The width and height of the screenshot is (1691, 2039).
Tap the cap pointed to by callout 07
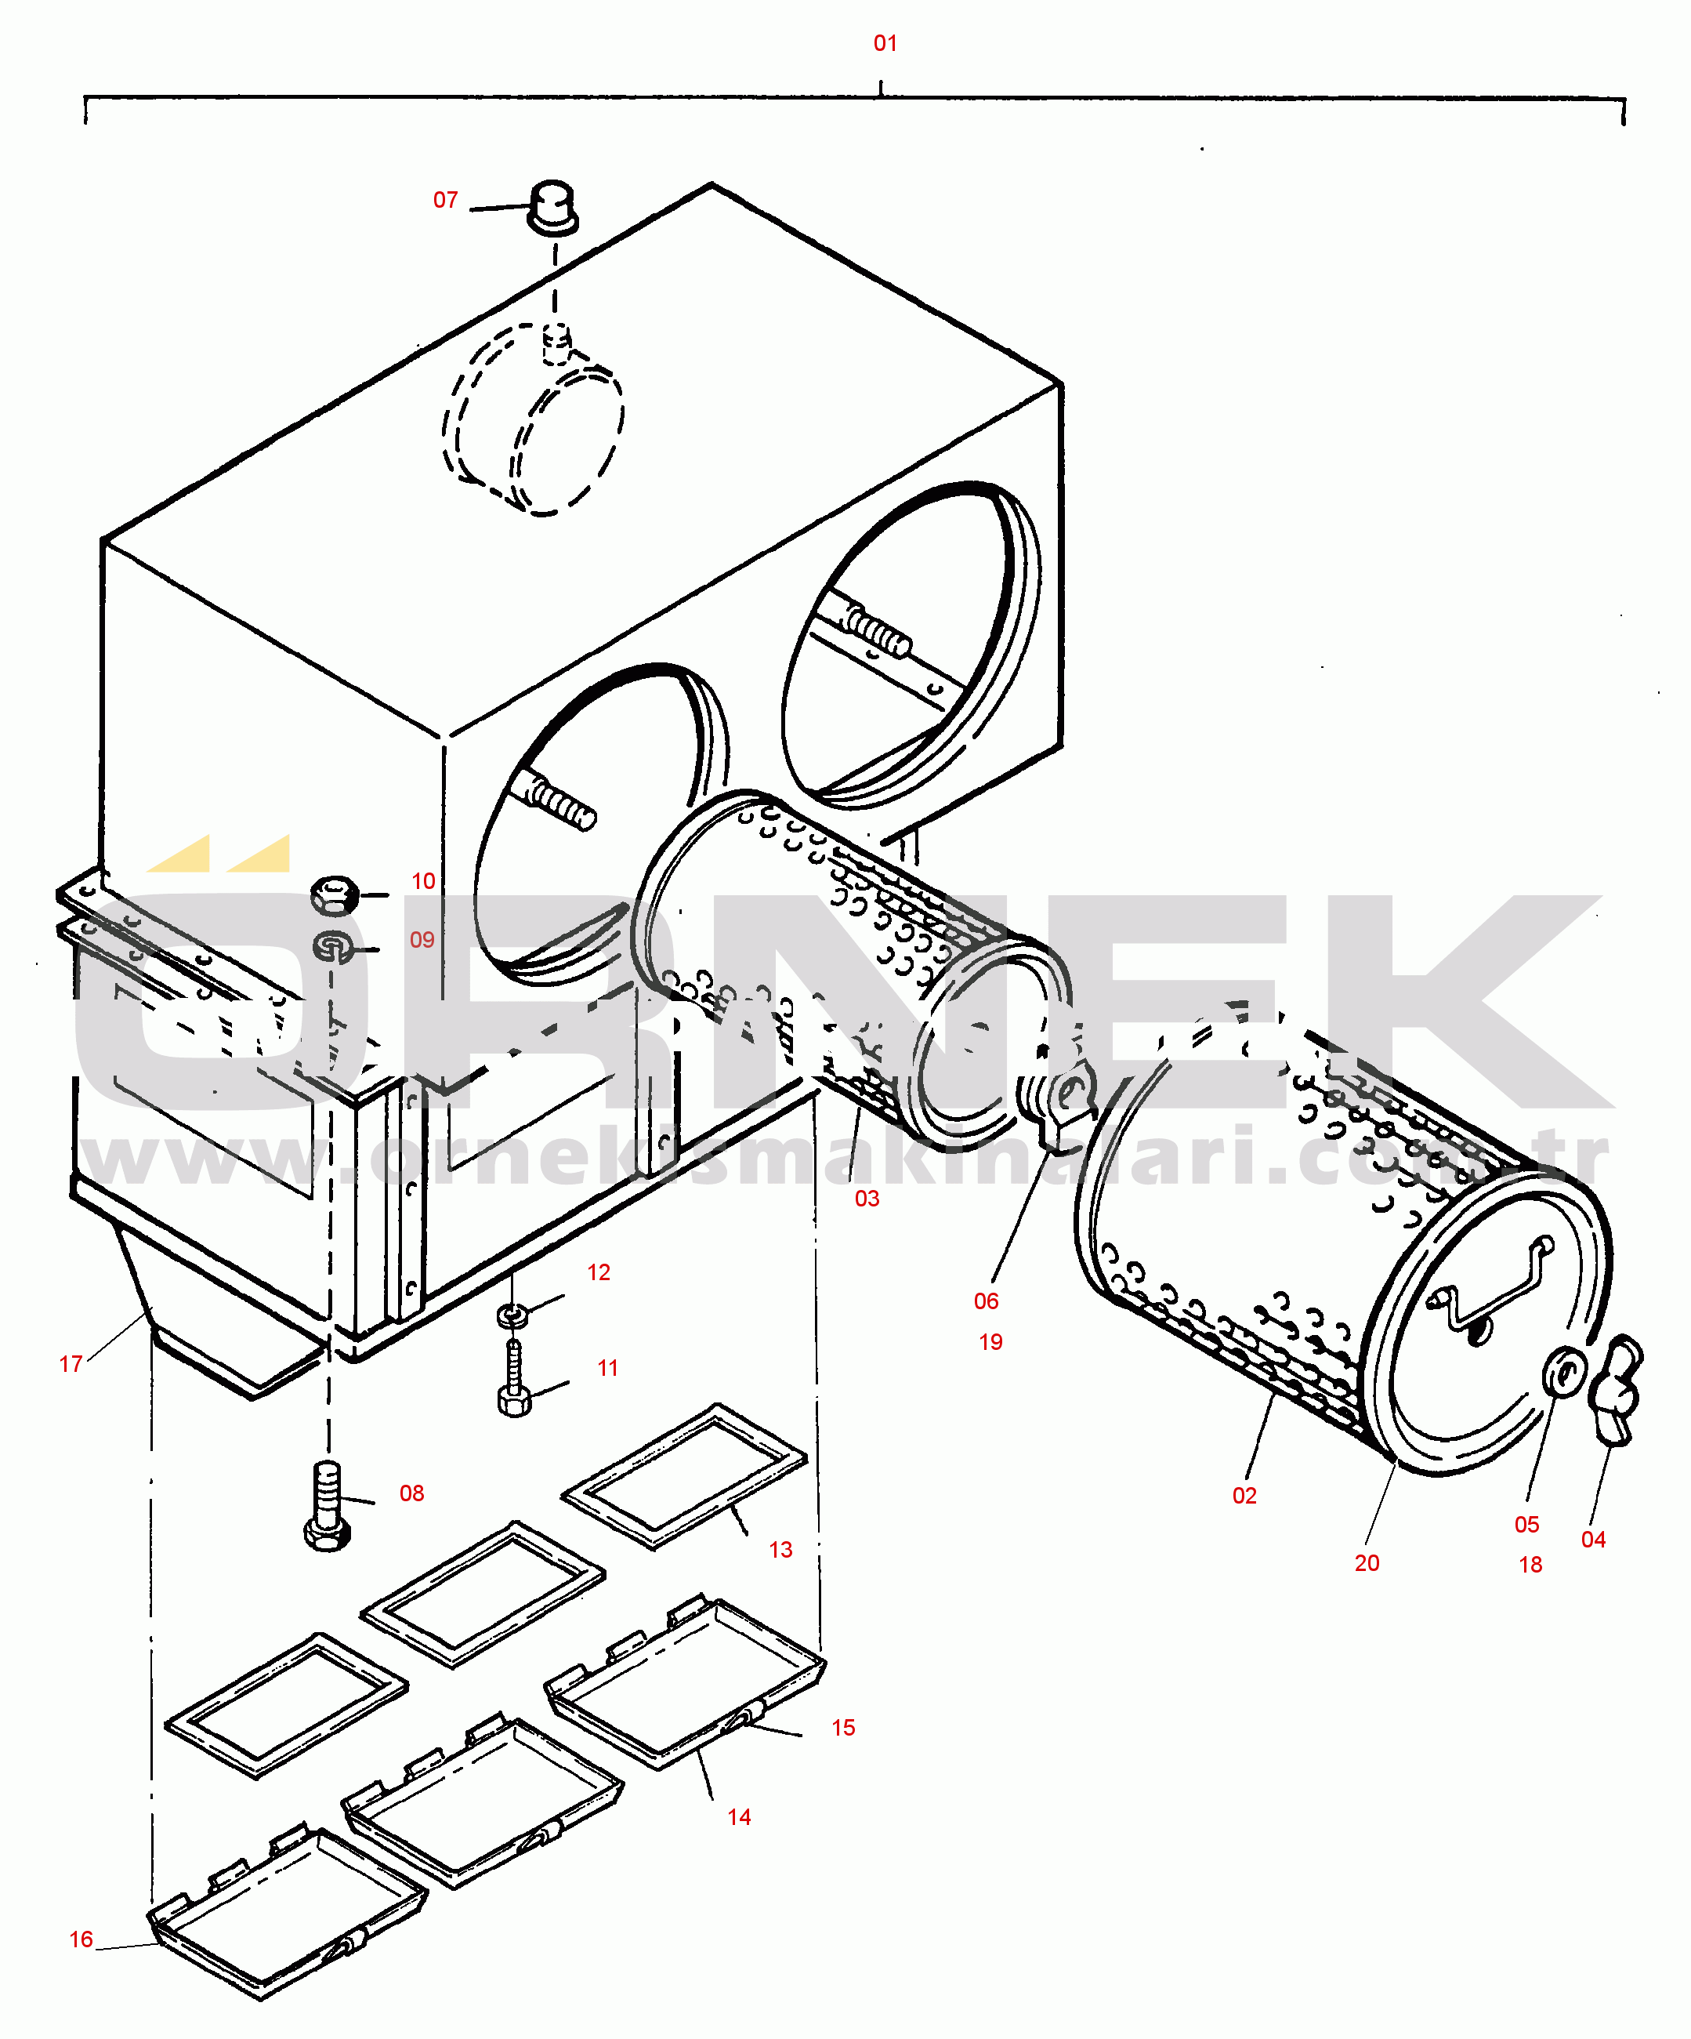coord(552,206)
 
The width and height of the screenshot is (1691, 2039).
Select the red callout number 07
coord(446,200)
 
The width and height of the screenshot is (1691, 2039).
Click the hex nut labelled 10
coord(335,894)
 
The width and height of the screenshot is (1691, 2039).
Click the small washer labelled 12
coord(512,1315)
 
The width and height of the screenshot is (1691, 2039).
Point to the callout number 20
coord(1367,1563)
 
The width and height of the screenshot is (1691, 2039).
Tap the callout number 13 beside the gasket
coord(780,1550)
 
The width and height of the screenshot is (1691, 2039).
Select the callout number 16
coord(81,1939)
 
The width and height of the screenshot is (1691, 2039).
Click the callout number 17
coord(71,1364)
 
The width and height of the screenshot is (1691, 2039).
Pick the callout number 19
coord(990,1342)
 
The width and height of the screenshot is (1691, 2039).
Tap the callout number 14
coord(739,1816)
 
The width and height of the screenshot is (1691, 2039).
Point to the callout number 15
coord(842,1727)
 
